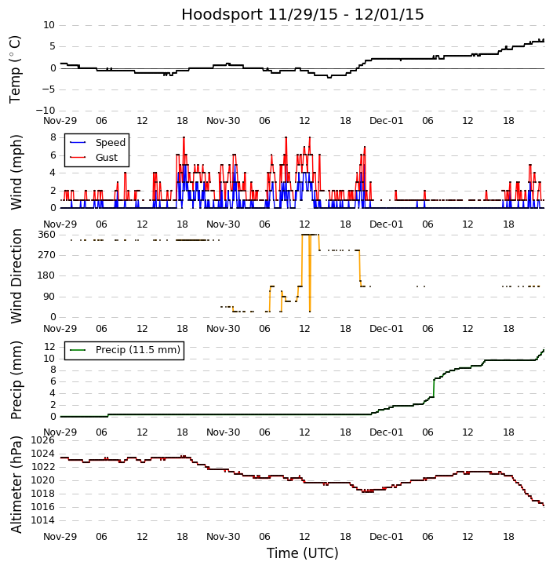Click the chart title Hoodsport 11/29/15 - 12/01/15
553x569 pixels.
(302, 14)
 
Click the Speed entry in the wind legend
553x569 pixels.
(110, 143)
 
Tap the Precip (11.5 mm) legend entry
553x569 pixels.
(137, 350)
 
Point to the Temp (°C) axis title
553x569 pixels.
(16, 69)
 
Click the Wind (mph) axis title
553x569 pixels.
(16, 171)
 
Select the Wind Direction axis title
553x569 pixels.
(16, 275)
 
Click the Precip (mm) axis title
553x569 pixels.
(16, 379)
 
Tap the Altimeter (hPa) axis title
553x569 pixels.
(16, 483)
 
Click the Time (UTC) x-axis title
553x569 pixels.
(302, 553)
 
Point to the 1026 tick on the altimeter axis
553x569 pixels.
(43, 440)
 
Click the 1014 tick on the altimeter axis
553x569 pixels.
(43, 520)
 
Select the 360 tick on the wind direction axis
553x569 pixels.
(46, 234)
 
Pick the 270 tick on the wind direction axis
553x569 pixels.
(46, 255)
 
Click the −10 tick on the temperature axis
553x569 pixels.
(45, 110)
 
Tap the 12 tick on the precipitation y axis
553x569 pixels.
(49, 346)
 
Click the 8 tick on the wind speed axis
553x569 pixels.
(53, 137)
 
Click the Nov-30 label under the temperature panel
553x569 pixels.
(224, 121)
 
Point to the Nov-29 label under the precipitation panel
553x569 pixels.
(60, 432)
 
